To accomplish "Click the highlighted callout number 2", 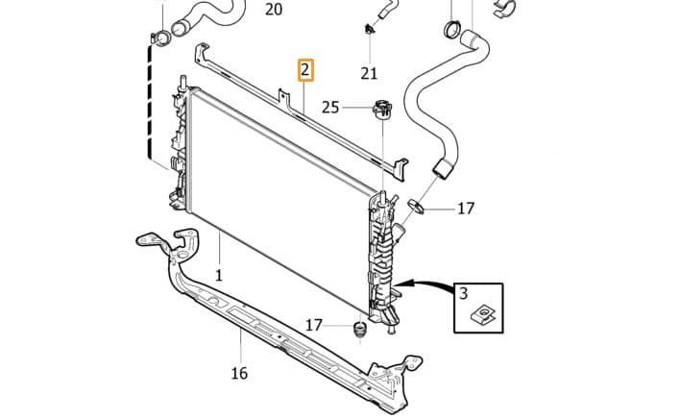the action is coord(305,70).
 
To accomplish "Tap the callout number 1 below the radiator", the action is coord(219,275).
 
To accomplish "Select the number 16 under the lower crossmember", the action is coord(239,373).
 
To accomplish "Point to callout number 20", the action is coord(274,9).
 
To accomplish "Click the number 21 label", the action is coord(369,74).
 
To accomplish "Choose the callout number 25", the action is coord(330,108).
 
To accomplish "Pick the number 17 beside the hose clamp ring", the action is coord(466,209).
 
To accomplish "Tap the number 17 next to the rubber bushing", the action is coord(314,325).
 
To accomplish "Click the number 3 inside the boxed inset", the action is coord(464,294).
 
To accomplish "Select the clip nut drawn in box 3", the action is coord(483,315).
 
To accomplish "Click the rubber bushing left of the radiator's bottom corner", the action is coord(359,330).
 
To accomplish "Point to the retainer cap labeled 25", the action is coord(382,109).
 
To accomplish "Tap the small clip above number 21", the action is coord(369,30).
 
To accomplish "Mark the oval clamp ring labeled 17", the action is coord(416,206).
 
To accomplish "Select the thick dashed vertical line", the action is coord(150,101).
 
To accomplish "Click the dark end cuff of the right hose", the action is coord(443,168).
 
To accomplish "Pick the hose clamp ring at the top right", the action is coord(452,30).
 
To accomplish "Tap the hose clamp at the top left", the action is coord(160,39).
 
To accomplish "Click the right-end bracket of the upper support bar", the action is coord(400,168).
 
